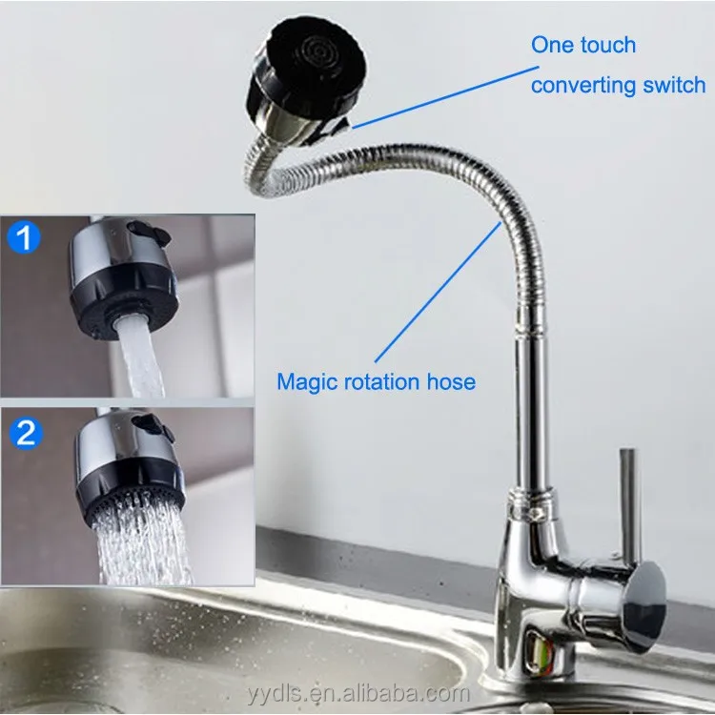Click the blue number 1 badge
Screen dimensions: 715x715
click(25, 237)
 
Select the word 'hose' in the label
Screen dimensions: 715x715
click(451, 382)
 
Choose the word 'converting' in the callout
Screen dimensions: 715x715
click(578, 85)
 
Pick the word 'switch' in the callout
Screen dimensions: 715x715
click(671, 85)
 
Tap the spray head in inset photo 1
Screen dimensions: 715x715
click(122, 272)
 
